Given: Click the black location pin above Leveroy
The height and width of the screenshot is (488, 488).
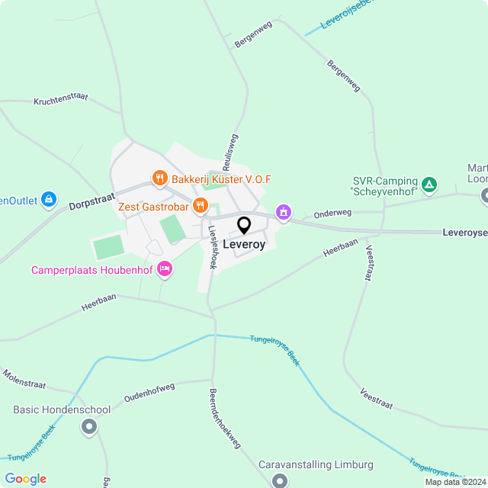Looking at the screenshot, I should (x=244, y=226).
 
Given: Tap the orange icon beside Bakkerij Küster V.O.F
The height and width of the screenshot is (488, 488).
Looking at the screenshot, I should (x=159, y=178).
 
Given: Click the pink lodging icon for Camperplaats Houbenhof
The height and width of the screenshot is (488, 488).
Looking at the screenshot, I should (x=163, y=269).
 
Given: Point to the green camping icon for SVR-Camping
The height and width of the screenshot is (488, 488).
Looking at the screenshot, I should (x=430, y=184).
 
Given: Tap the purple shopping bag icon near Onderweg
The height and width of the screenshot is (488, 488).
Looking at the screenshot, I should (x=283, y=212).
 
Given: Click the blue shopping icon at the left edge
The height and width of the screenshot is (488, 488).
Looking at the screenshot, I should (x=49, y=200).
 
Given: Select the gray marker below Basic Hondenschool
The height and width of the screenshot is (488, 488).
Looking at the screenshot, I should (x=89, y=427).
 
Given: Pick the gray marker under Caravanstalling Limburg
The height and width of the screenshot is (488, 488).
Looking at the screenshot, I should (x=280, y=481).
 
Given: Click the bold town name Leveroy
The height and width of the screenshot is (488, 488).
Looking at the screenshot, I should (x=244, y=246).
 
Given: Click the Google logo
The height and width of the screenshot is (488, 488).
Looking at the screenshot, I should (x=25, y=479).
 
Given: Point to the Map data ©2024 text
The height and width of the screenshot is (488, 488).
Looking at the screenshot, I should (x=455, y=482).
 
